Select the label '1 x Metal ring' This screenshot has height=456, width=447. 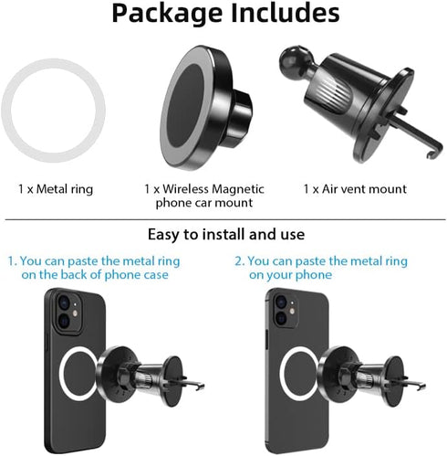click(x=56, y=189)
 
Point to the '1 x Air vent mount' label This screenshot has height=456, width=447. click(x=354, y=189)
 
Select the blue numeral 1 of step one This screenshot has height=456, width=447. click(x=12, y=261)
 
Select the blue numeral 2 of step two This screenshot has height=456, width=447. click(x=240, y=261)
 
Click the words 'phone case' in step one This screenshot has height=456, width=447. click(x=146, y=275)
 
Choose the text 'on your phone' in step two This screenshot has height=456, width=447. click(x=290, y=275)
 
